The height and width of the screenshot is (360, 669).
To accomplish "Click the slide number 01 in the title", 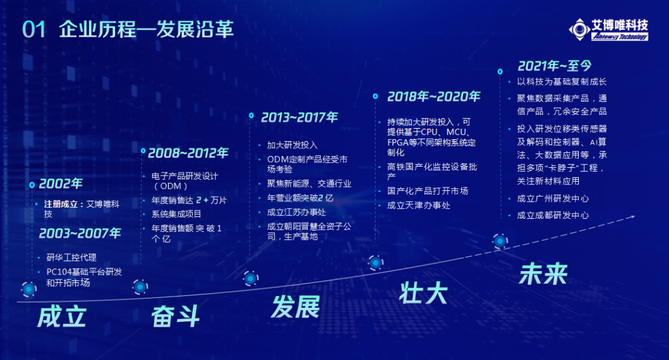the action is click(x=34, y=29).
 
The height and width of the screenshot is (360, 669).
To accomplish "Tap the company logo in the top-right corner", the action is click(x=609, y=30).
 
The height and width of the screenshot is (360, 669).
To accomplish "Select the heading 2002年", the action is click(x=61, y=184).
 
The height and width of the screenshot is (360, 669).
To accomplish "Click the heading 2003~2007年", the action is click(x=80, y=233).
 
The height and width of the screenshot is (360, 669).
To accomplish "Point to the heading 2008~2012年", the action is click(x=188, y=153).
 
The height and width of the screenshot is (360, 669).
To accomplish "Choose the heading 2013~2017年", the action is click(x=299, y=117).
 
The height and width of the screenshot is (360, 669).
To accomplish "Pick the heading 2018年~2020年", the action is click(x=434, y=97).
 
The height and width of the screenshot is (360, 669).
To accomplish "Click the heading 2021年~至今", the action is click(x=555, y=66).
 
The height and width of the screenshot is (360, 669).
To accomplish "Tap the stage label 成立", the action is click(x=62, y=316).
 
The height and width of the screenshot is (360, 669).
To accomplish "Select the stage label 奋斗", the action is click(x=175, y=316).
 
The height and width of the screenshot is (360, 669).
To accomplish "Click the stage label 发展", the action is click(x=295, y=306).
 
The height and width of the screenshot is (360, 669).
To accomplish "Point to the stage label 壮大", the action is click(x=423, y=293).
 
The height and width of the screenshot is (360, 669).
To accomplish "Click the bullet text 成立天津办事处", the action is click(x=419, y=205).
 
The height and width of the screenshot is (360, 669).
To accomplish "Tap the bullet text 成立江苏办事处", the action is click(x=297, y=212).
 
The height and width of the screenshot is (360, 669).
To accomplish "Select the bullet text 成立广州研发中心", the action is click(x=553, y=199).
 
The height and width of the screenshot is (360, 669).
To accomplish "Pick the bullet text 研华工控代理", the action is click(x=71, y=257).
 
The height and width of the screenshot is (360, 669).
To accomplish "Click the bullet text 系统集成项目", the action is click(x=176, y=214).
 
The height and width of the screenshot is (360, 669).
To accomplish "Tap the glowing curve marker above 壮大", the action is click(x=376, y=263).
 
